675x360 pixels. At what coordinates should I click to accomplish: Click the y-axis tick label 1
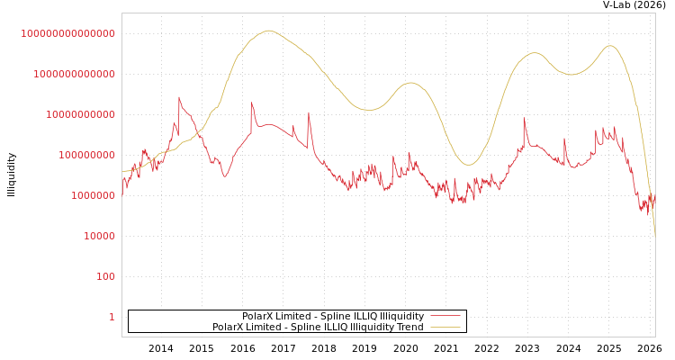pos(112,317)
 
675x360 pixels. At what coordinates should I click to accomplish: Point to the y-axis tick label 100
pos(105,276)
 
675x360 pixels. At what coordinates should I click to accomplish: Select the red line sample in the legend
pos(445,316)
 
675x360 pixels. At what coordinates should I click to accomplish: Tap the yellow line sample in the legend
pos(445,327)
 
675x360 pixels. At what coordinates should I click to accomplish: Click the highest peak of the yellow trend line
pos(268,31)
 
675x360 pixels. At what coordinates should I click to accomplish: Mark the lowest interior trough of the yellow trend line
pos(468,165)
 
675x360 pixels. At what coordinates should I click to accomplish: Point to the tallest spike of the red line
pos(179,97)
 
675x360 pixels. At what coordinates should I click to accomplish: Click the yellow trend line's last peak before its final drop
pos(610,46)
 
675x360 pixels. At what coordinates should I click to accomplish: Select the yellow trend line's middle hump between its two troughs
pos(411,83)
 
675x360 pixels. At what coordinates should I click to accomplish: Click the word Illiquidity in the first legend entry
pos(401,316)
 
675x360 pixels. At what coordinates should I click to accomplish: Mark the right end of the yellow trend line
pos(654,236)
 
